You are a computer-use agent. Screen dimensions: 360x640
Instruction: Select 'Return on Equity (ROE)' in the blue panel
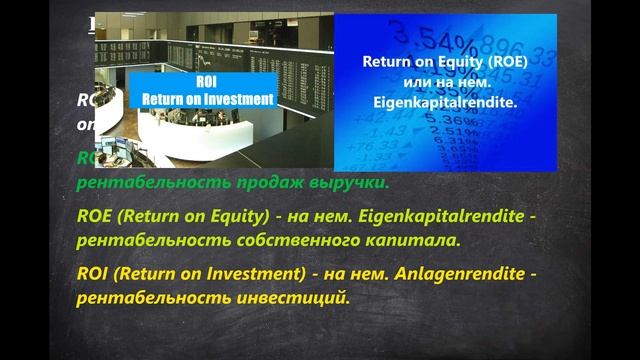445,61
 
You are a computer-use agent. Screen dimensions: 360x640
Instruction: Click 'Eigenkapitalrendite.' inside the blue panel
445,100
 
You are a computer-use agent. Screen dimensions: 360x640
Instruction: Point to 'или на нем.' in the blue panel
445,80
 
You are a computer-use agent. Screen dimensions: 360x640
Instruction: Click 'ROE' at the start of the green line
96,215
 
